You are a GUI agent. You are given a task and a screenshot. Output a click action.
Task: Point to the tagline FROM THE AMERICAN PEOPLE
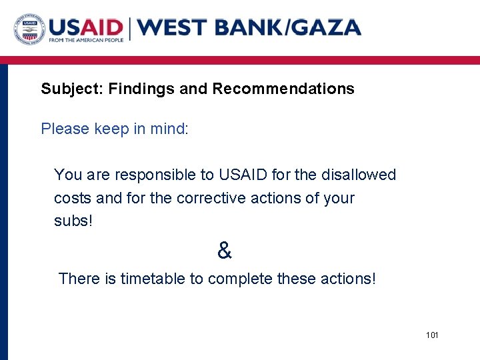click(86, 41)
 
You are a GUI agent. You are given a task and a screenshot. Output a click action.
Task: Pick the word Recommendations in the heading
click(283, 89)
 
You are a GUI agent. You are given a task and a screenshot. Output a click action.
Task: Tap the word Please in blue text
click(65, 129)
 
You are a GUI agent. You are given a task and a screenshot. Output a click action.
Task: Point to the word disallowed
click(359, 175)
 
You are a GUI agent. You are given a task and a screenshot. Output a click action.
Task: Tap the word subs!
click(73, 221)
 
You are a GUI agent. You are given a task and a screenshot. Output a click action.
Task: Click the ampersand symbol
click(225, 251)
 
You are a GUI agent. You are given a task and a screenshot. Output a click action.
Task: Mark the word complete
click(239, 279)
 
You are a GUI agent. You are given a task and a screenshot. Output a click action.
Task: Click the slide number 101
click(432, 335)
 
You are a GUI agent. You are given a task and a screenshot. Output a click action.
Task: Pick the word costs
click(73, 199)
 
